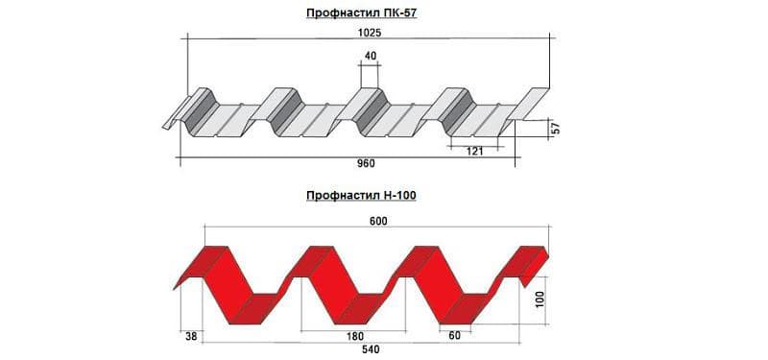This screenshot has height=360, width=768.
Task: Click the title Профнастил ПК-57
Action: [362, 13]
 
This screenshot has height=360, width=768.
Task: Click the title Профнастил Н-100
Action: [362, 196]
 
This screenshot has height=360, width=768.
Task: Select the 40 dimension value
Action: [371, 56]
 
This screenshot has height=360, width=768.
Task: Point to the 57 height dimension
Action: [556, 130]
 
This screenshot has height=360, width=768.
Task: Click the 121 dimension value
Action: [474, 152]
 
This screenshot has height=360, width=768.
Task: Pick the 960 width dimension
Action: [367, 163]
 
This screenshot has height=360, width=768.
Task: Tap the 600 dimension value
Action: [378, 222]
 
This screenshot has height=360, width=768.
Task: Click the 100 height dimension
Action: [540, 300]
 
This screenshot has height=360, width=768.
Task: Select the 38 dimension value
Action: [191, 337]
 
